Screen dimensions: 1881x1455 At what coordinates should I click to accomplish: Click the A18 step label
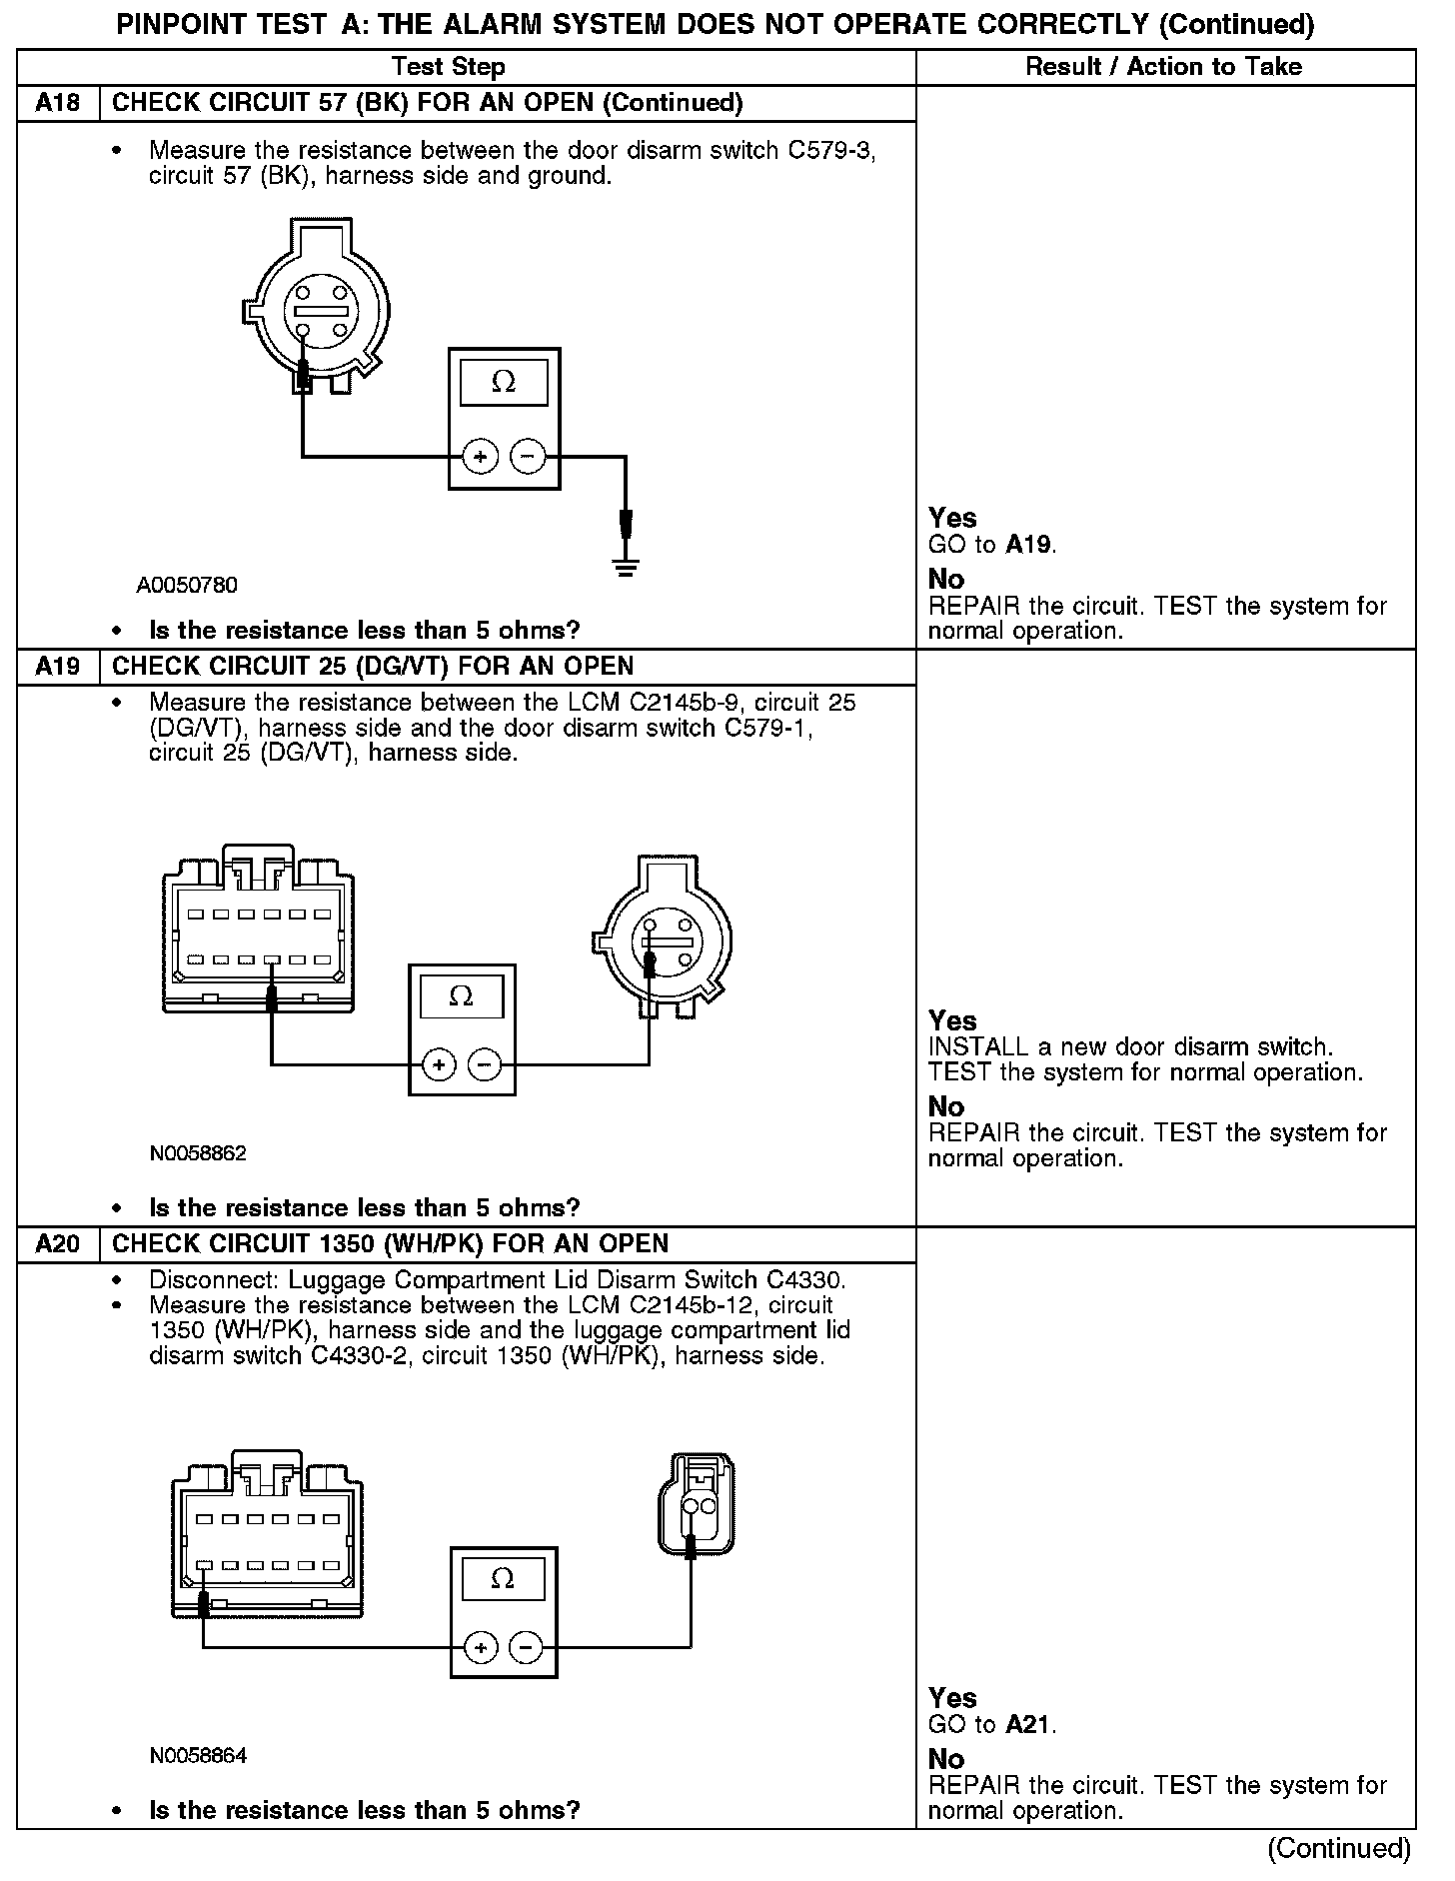click(x=58, y=103)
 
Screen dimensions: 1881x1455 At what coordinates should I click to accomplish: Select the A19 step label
click(x=58, y=667)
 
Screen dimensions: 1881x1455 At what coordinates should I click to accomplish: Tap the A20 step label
click(x=58, y=1244)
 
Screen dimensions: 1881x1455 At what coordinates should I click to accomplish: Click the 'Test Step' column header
click(x=449, y=67)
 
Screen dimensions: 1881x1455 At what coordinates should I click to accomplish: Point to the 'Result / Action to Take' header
click(x=1164, y=67)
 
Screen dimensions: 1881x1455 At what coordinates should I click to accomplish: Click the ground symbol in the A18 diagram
click(x=626, y=571)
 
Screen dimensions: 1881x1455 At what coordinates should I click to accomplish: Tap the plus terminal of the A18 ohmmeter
click(x=481, y=457)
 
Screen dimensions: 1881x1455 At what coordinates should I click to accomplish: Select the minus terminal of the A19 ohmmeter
click(x=485, y=1065)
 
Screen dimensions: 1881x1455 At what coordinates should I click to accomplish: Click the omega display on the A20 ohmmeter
click(x=503, y=1578)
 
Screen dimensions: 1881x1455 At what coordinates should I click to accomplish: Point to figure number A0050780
click(x=187, y=585)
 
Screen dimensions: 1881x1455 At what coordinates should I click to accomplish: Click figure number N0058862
click(x=198, y=1153)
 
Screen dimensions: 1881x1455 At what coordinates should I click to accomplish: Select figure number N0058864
click(x=198, y=1756)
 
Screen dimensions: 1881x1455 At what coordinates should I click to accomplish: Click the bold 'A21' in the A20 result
click(x=1029, y=1724)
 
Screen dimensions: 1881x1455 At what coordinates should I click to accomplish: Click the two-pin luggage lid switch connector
click(x=697, y=1507)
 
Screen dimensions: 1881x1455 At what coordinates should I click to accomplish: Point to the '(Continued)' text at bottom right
click(x=1339, y=1848)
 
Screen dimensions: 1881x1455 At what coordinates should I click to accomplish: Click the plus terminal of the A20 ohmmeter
click(x=481, y=1647)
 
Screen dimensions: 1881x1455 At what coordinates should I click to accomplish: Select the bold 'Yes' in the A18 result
click(x=952, y=518)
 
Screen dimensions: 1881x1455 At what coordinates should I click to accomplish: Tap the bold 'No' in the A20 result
click(x=946, y=1758)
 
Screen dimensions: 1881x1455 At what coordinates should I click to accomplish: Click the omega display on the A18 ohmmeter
click(x=504, y=382)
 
